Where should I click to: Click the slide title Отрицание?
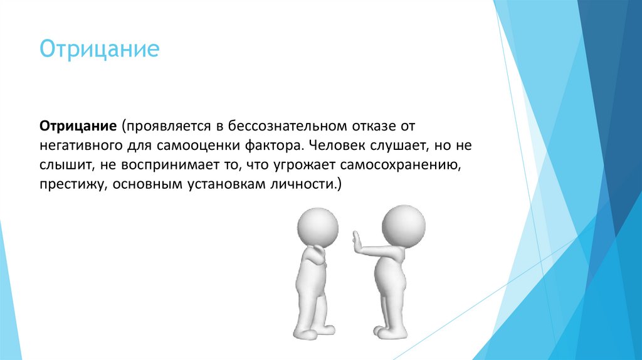pyautogui.click(x=100, y=49)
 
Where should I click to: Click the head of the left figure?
pyautogui.click(x=317, y=225)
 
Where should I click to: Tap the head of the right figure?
pyautogui.click(x=403, y=225)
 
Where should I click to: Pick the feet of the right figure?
pyautogui.click(x=394, y=331)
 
